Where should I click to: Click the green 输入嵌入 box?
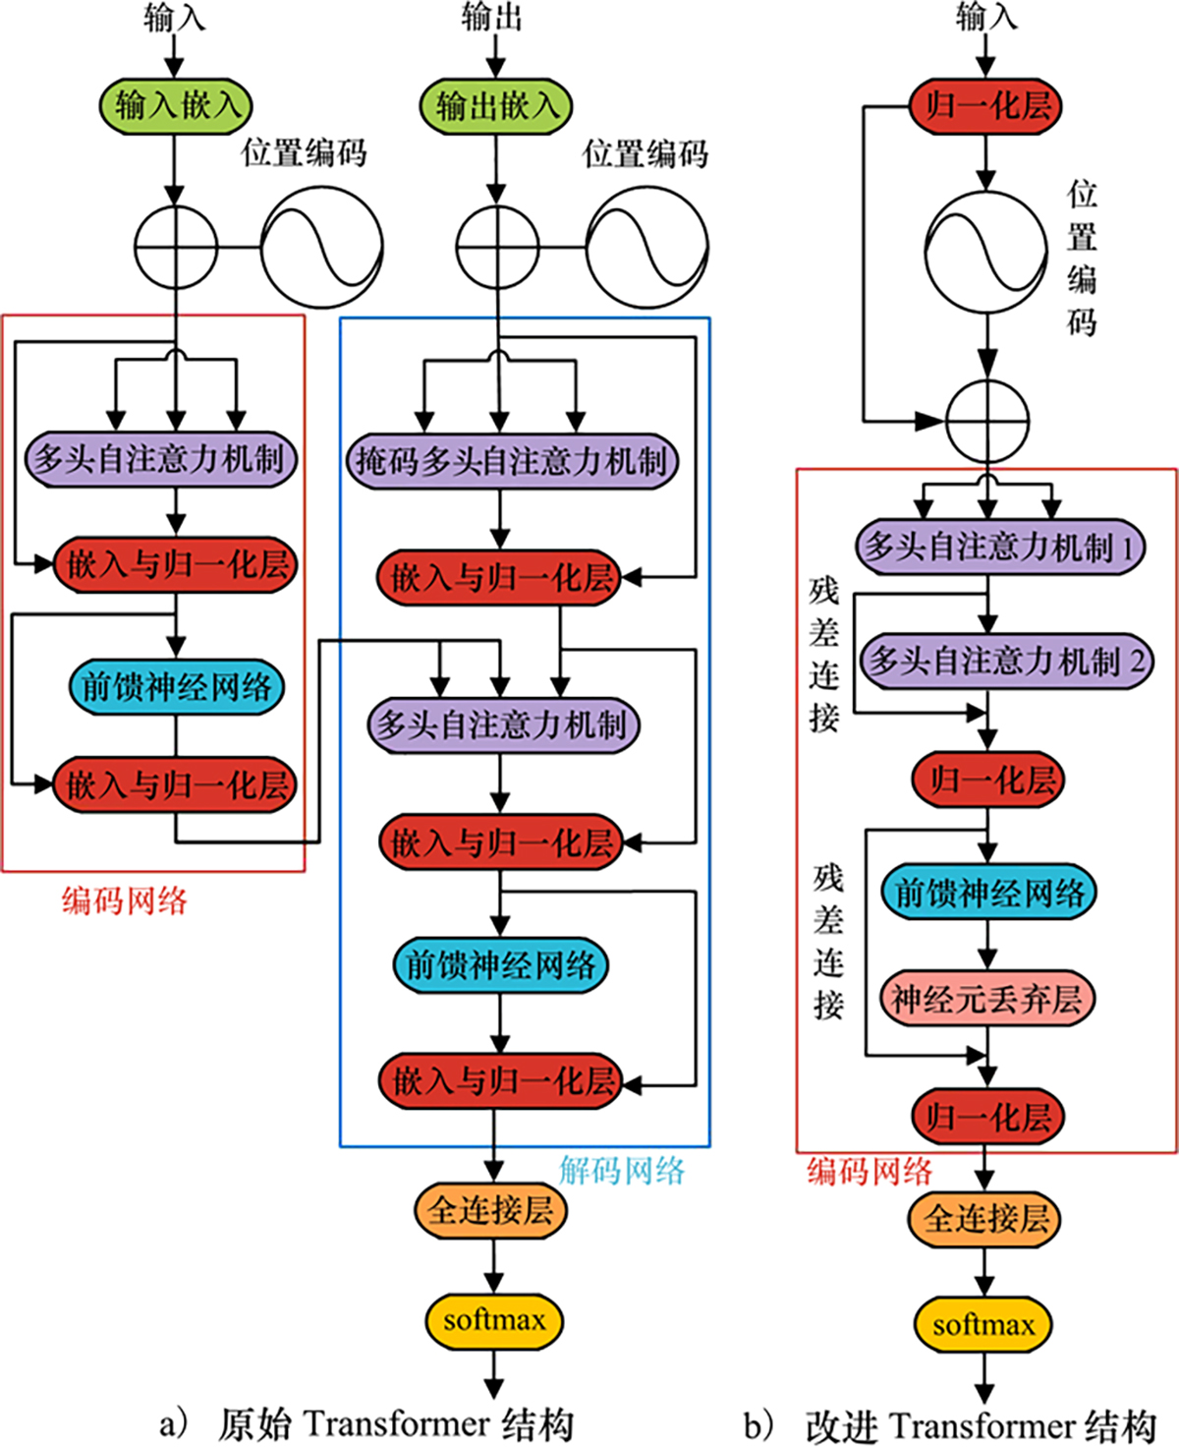176,105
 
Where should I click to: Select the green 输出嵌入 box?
496,106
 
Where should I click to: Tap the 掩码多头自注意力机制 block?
511,461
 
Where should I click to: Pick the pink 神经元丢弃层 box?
986,999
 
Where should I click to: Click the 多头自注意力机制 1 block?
1000,547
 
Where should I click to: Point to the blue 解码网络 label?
622,1170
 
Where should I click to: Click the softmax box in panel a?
494,1320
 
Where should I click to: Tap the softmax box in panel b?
983,1325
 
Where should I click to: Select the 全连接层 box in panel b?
984,1219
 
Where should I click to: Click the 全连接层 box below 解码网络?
491,1210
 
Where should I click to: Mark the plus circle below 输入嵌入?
175,247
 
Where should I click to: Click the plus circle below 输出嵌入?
498,247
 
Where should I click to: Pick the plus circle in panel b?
987,421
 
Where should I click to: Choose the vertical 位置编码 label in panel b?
1082,258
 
